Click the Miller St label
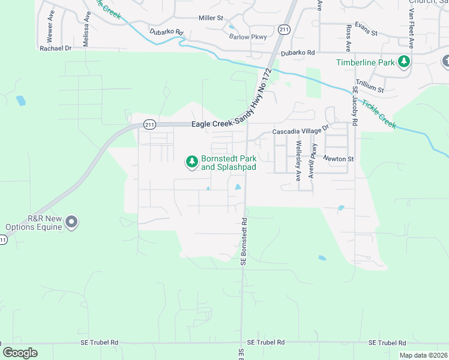pyautogui.click(x=211, y=18)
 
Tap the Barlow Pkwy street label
pyautogui.click(x=246, y=37)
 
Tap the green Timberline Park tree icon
pyautogui.click(x=405, y=62)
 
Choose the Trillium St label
pyautogui.click(x=370, y=85)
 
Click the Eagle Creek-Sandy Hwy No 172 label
pyautogui.click(x=232, y=124)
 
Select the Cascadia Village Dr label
pyautogui.click(x=301, y=130)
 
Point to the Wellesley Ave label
pyautogui.click(x=298, y=160)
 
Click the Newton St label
pyautogui.click(x=339, y=159)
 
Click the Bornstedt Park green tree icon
pyautogui.click(x=191, y=161)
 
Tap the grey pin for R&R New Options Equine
pyautogui.click(x=71, y=222)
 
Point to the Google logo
pyautogui.click(x=20, y=353)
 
